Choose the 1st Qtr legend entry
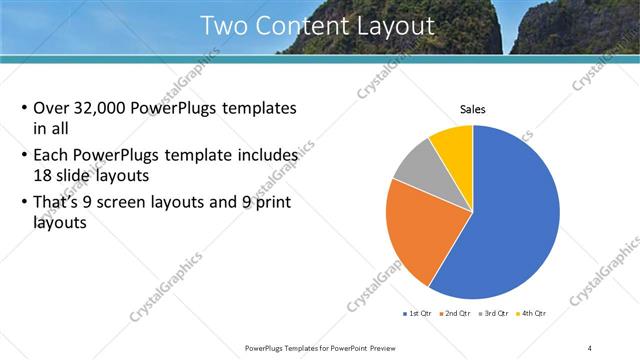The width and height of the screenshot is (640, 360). point(417,314)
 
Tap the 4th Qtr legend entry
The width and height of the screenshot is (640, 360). point(533,314)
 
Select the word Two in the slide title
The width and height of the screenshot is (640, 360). point(223,26)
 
